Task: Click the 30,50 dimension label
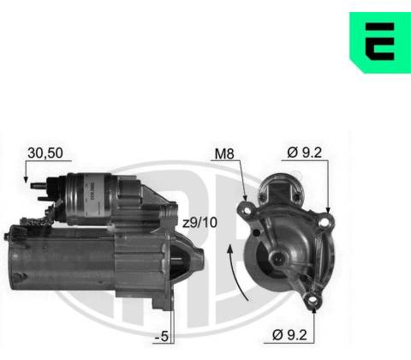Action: click(45, 153)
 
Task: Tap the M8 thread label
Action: click(224, 153)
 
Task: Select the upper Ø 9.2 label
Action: click(304, 153)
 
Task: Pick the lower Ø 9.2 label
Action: click(289, 334)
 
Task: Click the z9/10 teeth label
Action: click(200, 223)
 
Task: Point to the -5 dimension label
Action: click(162, 337)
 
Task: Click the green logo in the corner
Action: click(380, 42)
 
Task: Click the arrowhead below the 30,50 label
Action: click(26, 179)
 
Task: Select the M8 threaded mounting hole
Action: click(247, 211)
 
